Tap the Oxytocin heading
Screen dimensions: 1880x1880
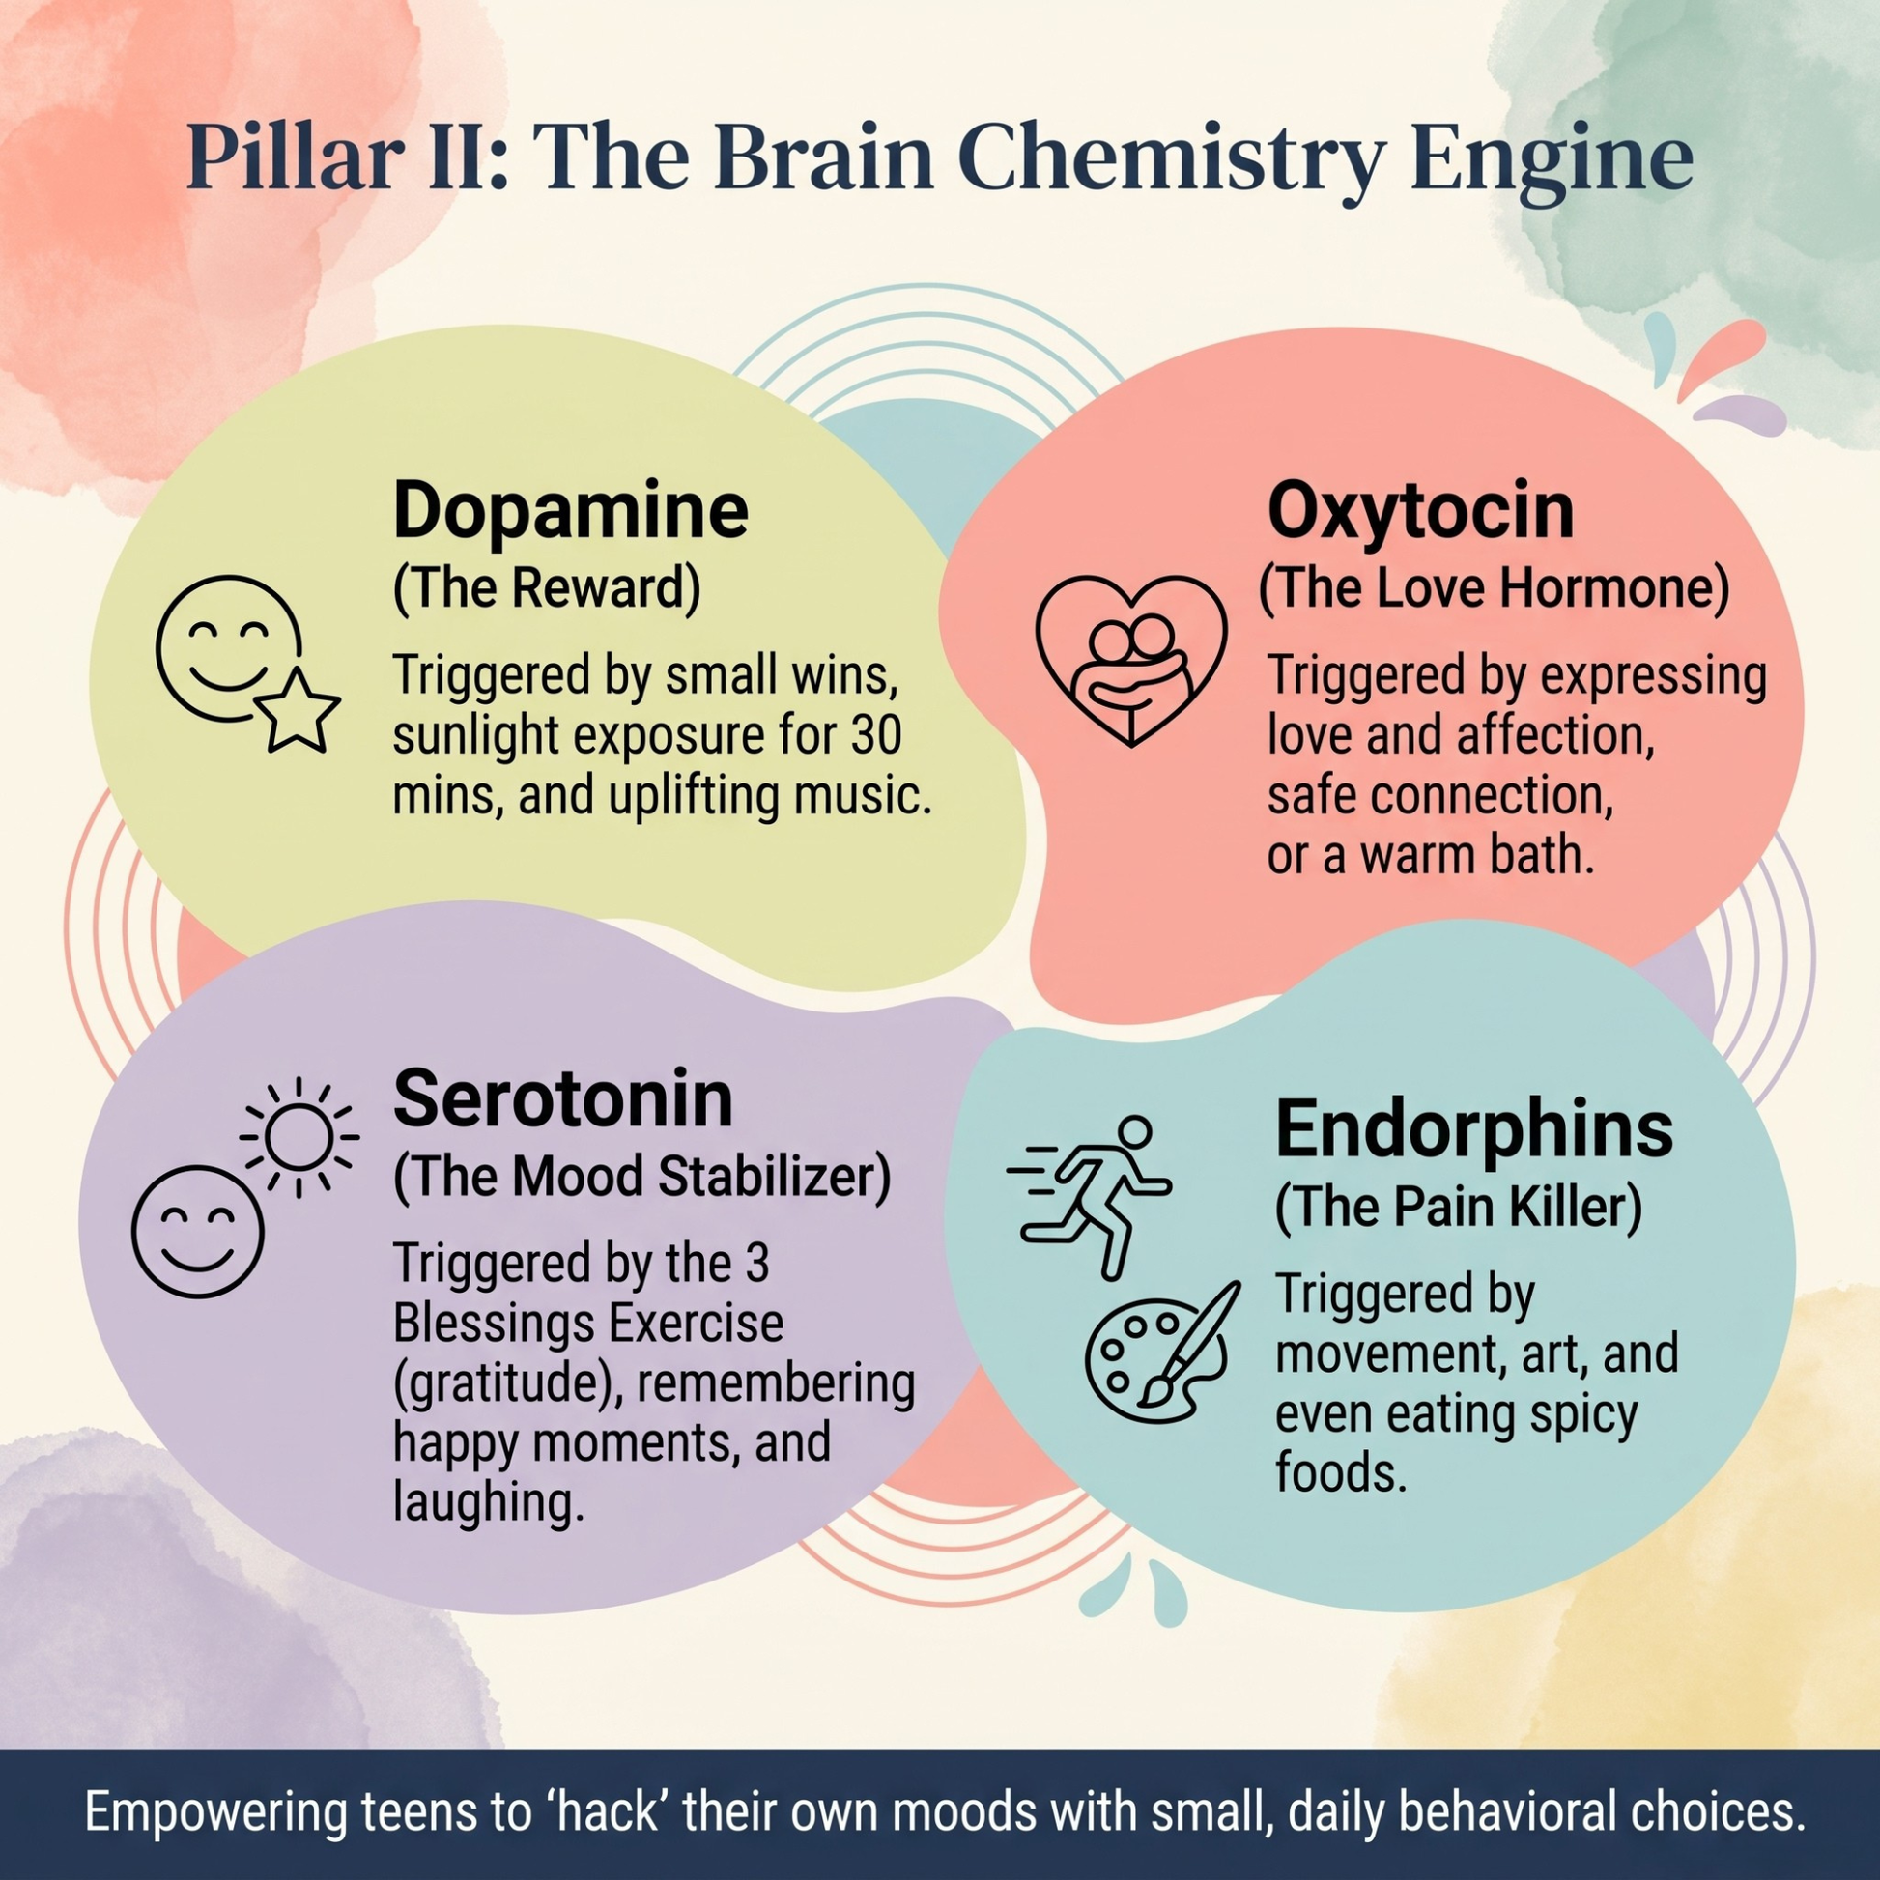pyautogui.click(x=1420, y=511)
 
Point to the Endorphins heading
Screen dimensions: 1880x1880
pyautogui.click(x=1473, y=1128)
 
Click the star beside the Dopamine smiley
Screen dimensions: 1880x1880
pyautogui.click(x=296, y=708)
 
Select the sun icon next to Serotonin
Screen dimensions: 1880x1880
pyautogui.click(x=299, y=1135)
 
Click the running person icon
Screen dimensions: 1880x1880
pyautogui.click(x=1090, y=1196)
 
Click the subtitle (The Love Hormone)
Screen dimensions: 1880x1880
pyautogui.click(x=1495, y=588)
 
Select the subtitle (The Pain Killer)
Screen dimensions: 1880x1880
pyautogui.click(x=1459, y=1207)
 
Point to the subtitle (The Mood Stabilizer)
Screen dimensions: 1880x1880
pyautogui.click(x=642, y=1177)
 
